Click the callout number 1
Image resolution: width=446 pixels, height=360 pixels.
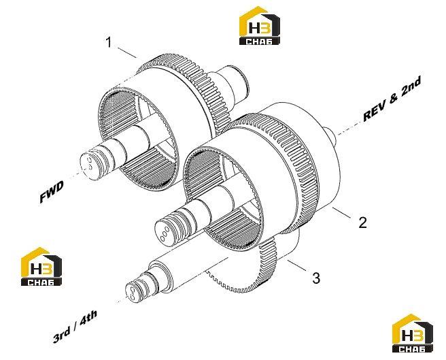click(x=108, y=42)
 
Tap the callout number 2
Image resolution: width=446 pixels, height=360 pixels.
click(x=362, y=223)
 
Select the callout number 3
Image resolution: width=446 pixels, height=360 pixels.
click(x=316, y=278)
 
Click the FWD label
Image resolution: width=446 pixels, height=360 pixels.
click(x=52, y=192)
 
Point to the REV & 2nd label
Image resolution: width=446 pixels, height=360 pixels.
click(x=392, y=99)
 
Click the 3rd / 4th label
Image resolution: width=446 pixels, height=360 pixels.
click(x=75, y=326)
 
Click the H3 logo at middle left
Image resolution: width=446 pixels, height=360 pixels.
click(x=41, y=266)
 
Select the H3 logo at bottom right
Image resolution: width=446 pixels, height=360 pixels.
click(x=413, y=333)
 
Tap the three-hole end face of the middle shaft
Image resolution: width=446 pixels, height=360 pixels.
click(x=165, y=231)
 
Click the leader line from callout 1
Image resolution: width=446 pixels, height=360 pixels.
click(x=127, y=52)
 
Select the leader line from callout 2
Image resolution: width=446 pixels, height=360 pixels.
click(x=341, y=213)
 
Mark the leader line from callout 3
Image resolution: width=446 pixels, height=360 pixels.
click(x=297, y=265)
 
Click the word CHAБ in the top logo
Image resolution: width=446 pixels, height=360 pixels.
click(x=260, y=42)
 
